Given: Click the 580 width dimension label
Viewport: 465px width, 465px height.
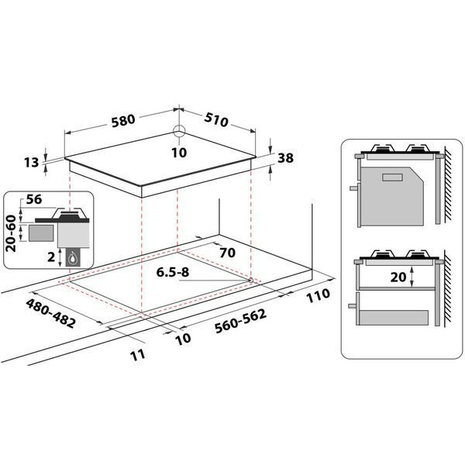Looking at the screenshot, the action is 123,121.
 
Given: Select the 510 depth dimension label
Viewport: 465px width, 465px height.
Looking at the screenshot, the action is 216,119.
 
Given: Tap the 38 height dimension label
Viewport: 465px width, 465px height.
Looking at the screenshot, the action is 285,158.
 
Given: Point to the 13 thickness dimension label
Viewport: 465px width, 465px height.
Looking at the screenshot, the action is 32,162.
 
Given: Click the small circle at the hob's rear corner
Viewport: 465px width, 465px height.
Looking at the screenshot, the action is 179,131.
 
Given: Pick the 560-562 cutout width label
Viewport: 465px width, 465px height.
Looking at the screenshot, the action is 240,321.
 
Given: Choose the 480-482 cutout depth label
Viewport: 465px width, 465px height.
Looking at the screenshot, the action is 50,313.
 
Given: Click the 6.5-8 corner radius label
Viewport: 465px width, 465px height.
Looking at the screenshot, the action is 173,272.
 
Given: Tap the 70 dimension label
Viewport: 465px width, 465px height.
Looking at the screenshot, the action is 227,253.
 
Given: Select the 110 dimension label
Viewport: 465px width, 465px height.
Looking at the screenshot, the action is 318,295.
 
